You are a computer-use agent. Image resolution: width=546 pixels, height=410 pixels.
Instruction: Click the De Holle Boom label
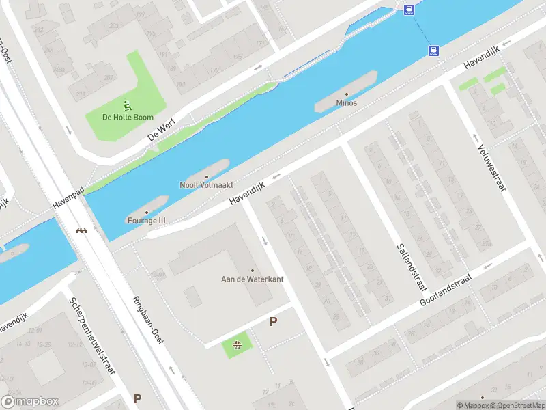[128, 117]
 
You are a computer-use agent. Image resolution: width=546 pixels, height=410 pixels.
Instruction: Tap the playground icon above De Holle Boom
[128, 105]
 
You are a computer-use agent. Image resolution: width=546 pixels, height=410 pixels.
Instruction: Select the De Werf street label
[161, 128]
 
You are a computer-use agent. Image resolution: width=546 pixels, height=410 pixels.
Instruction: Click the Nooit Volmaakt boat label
[207, 184]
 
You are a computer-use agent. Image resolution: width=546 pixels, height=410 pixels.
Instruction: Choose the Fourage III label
[146, 220]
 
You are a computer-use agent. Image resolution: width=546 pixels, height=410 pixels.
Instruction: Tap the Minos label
[346, 103]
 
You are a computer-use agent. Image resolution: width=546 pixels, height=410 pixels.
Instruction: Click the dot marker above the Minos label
[346, 94]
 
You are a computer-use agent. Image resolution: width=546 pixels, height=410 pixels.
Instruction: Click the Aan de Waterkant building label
[252, 279]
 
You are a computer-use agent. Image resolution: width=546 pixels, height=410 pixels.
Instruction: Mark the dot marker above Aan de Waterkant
[252, 270]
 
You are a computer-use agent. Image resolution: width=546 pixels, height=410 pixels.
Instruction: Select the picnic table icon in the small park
[237, 344]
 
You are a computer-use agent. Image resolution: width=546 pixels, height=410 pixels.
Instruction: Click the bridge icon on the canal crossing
[82, 230]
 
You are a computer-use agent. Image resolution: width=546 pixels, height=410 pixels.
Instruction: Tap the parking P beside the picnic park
[274, 321]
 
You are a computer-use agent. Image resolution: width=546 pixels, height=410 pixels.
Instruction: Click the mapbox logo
[30, 402]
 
